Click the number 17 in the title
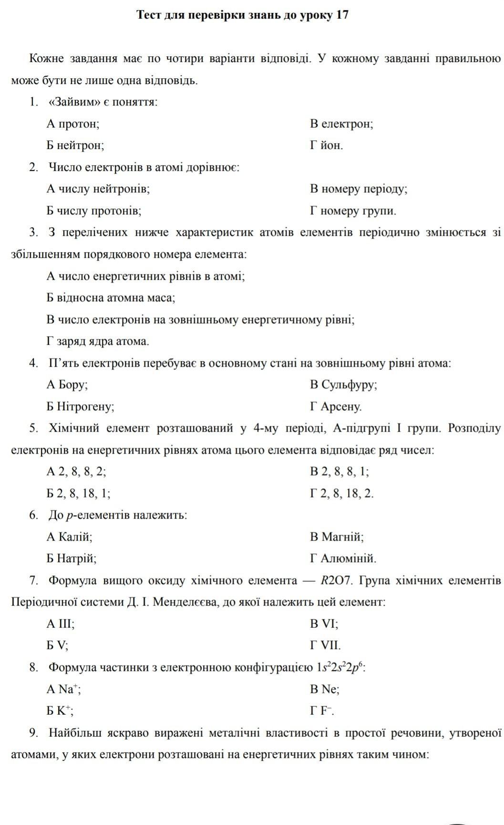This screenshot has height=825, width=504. pos(342,15)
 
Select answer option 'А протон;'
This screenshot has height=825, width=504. pos(73,124)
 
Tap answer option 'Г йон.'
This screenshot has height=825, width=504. pos(326,146)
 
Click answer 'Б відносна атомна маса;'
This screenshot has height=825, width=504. pos(111,298)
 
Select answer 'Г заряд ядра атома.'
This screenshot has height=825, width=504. pos(98,342)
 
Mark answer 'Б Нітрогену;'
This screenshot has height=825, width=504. pos(81,407)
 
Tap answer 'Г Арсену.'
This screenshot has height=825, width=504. pos(336,407)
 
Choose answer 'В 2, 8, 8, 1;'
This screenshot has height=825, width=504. pos(339,472)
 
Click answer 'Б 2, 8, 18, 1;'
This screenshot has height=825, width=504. pos(79,494)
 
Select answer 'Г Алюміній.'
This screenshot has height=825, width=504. pos(343,559)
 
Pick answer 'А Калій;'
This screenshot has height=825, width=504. pos(70,537)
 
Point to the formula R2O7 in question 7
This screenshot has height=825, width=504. pos(336,581)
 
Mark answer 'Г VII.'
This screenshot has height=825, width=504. pos(325,646)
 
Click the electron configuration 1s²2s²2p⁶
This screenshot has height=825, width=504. pos(340,667)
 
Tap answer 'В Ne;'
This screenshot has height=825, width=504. pos(324,689)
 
